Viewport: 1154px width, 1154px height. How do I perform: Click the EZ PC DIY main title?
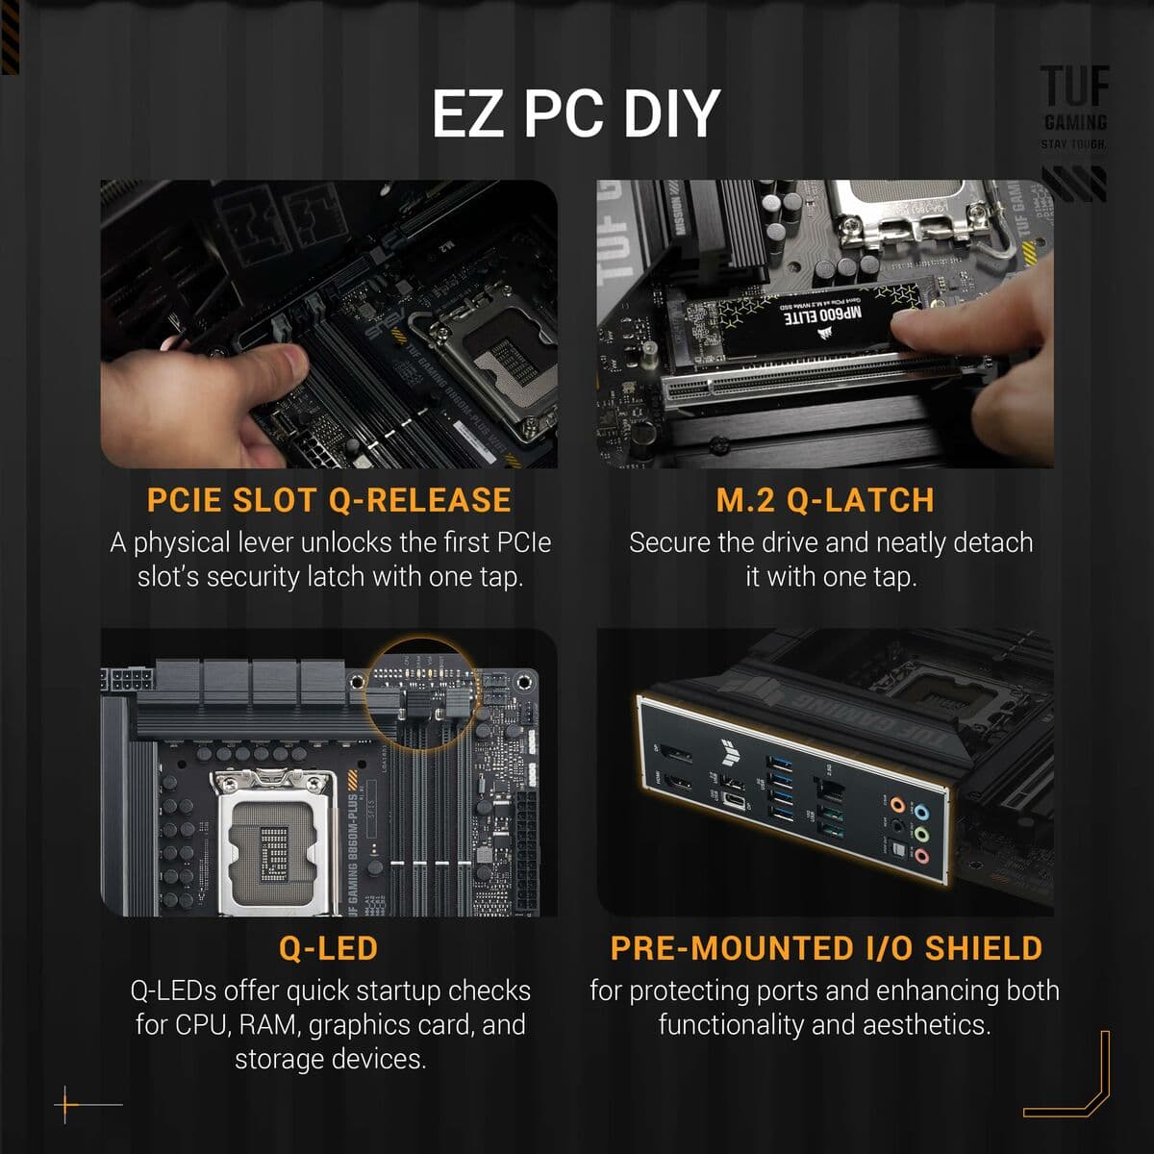click(575, 113)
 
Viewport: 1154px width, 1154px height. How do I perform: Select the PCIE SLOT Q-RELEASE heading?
click(329, 500)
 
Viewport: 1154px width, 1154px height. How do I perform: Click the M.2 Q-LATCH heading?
click(825, 500)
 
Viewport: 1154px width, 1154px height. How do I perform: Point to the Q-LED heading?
click(329, 948)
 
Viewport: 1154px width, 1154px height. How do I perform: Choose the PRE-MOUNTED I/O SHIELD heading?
click(826, 948)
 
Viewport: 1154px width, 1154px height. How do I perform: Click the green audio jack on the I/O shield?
click(921, 834)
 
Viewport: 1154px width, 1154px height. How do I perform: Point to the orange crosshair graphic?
click(67, 1105)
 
